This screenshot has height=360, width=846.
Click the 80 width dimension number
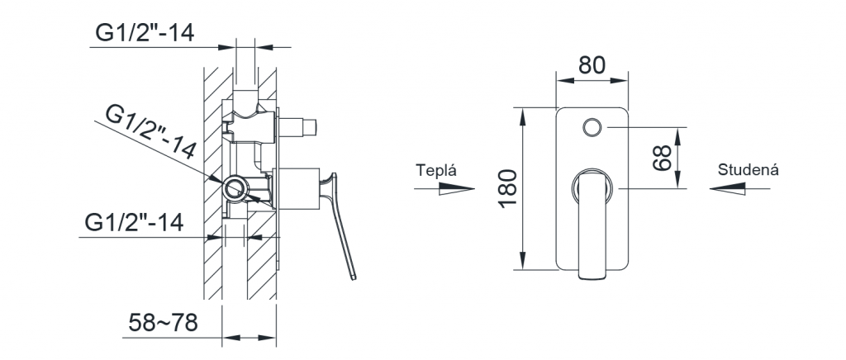(592, 65)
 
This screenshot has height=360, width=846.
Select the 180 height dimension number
(508, 188)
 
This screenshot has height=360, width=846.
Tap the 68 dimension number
(662, 158)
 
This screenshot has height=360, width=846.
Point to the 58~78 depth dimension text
(163, 323)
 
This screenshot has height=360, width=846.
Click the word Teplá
(436, 170)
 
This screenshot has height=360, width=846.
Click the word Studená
(748, 170)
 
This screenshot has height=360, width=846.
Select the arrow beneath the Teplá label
(444, 188)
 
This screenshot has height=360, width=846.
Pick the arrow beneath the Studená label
(739, 188)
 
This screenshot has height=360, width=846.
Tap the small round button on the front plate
(592, 127)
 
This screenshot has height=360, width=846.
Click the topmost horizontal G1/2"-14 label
(145, 33)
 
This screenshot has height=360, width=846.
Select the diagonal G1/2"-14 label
(150, 132)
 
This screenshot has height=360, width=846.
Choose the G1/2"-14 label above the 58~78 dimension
(135, 222)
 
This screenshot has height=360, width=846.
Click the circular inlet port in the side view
(235, 188)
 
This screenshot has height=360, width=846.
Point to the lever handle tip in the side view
(354, 277)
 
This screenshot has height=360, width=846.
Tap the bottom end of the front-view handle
(592, 278)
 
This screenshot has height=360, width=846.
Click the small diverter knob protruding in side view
(297, 127)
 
